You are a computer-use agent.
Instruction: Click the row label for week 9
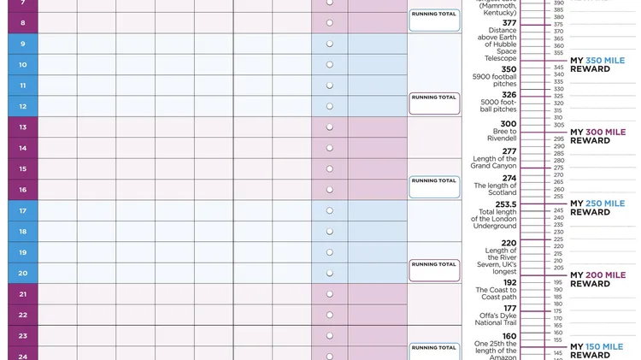coord(22,44)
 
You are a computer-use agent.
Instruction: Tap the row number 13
coord(22,127)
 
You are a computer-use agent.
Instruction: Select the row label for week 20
coord(22,274)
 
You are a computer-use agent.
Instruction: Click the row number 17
coord(22,210)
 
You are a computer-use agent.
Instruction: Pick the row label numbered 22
coord(22,315)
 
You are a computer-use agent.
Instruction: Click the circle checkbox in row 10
coord(330,65)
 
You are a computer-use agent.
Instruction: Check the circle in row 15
coord(330,169)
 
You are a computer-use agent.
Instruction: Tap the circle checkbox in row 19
coord(330,252)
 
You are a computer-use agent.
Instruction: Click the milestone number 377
coord(509,23)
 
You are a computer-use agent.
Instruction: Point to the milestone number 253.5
coord(504,204)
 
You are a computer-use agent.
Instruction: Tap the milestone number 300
coord(509,124)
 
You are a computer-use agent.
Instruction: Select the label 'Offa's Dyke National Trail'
coord(498,321)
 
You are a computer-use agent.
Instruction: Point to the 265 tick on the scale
coord(558,182)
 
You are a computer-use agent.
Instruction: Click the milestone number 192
coord(509,282)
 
